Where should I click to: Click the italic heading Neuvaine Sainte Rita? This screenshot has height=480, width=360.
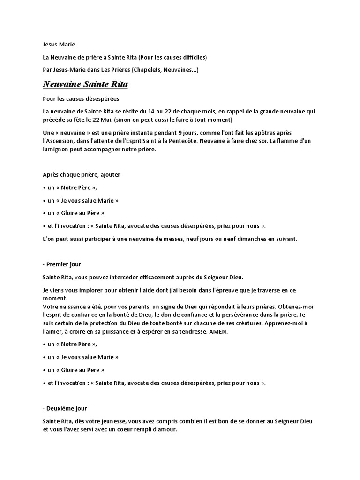point(85,85)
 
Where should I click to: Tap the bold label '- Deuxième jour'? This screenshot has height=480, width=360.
point(65,409)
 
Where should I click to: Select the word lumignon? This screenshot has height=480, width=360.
point(57,150)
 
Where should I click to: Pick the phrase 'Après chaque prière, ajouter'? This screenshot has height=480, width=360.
point(81,174)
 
